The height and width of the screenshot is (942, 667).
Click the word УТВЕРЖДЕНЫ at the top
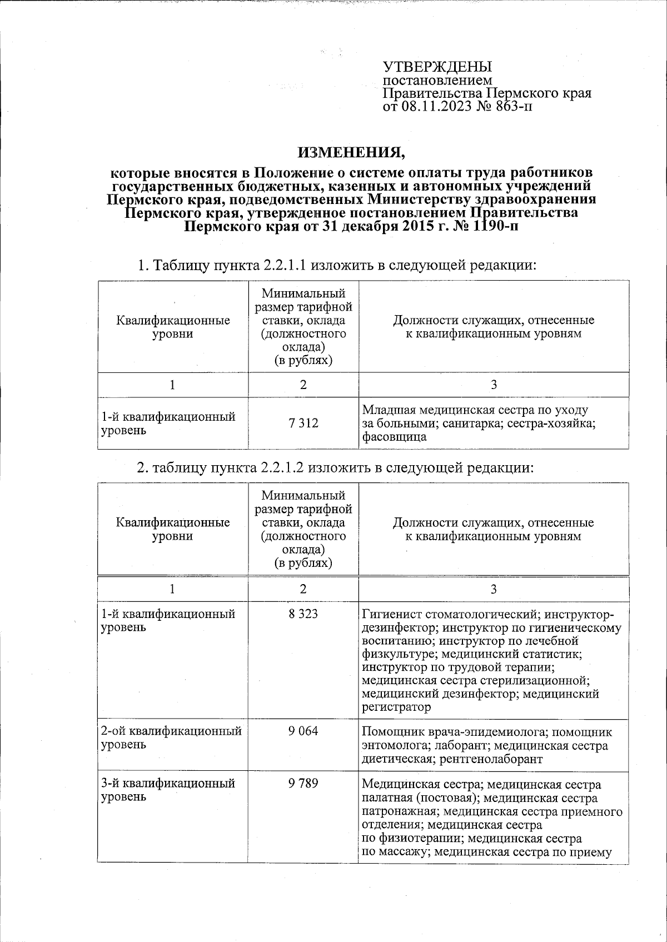point(437,67)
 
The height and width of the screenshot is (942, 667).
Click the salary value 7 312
point(303,423)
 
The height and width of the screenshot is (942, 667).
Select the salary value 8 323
point(303,614)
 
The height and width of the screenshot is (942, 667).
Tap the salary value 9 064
point(303,731)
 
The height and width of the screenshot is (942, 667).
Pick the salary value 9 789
point(303,783)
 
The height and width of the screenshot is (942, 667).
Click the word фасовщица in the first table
point(394,437)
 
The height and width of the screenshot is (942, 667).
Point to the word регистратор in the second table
point(396,707)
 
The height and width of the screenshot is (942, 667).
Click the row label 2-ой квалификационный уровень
point(171,737)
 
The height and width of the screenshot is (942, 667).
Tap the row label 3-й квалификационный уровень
point(168,790)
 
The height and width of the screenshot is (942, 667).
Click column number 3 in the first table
point(494,385)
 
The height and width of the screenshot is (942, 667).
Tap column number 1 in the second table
point(173,589)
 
